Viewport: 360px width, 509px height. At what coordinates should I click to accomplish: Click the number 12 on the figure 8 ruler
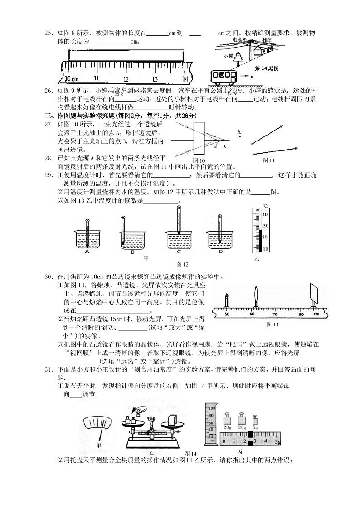pos(126,78)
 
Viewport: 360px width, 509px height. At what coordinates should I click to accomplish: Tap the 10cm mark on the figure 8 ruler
pos(68,78)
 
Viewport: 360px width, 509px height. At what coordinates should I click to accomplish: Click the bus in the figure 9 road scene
pos(222,78)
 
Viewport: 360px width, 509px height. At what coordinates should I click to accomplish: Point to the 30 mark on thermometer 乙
pos(266,226)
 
